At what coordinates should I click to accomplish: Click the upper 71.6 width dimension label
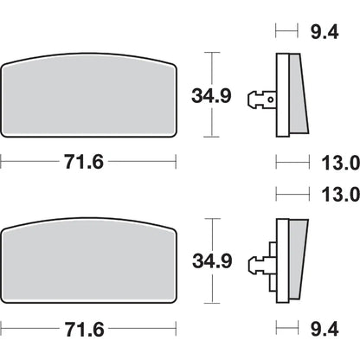[84, 162]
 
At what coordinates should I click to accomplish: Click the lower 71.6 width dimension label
[84, 329]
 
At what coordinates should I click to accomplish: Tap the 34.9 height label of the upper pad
[211, 96]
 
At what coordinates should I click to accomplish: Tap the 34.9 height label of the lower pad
[212, 261]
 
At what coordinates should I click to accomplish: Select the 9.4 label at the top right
[325, 31]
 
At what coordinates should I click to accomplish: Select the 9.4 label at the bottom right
[325, 329]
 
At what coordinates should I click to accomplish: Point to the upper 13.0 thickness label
[340, 163]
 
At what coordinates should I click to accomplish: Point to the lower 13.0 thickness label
[340, 194]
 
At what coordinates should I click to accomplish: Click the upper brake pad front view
[88, 95]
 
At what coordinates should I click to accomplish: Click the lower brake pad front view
[88, 260]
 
